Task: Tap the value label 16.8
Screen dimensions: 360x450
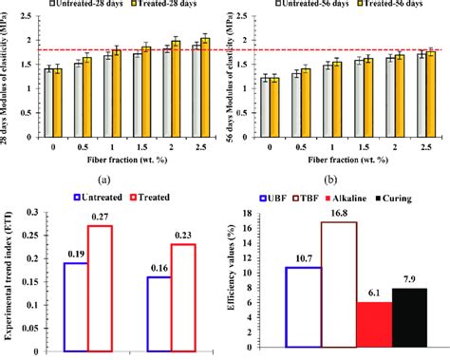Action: [x=339, y=215]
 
